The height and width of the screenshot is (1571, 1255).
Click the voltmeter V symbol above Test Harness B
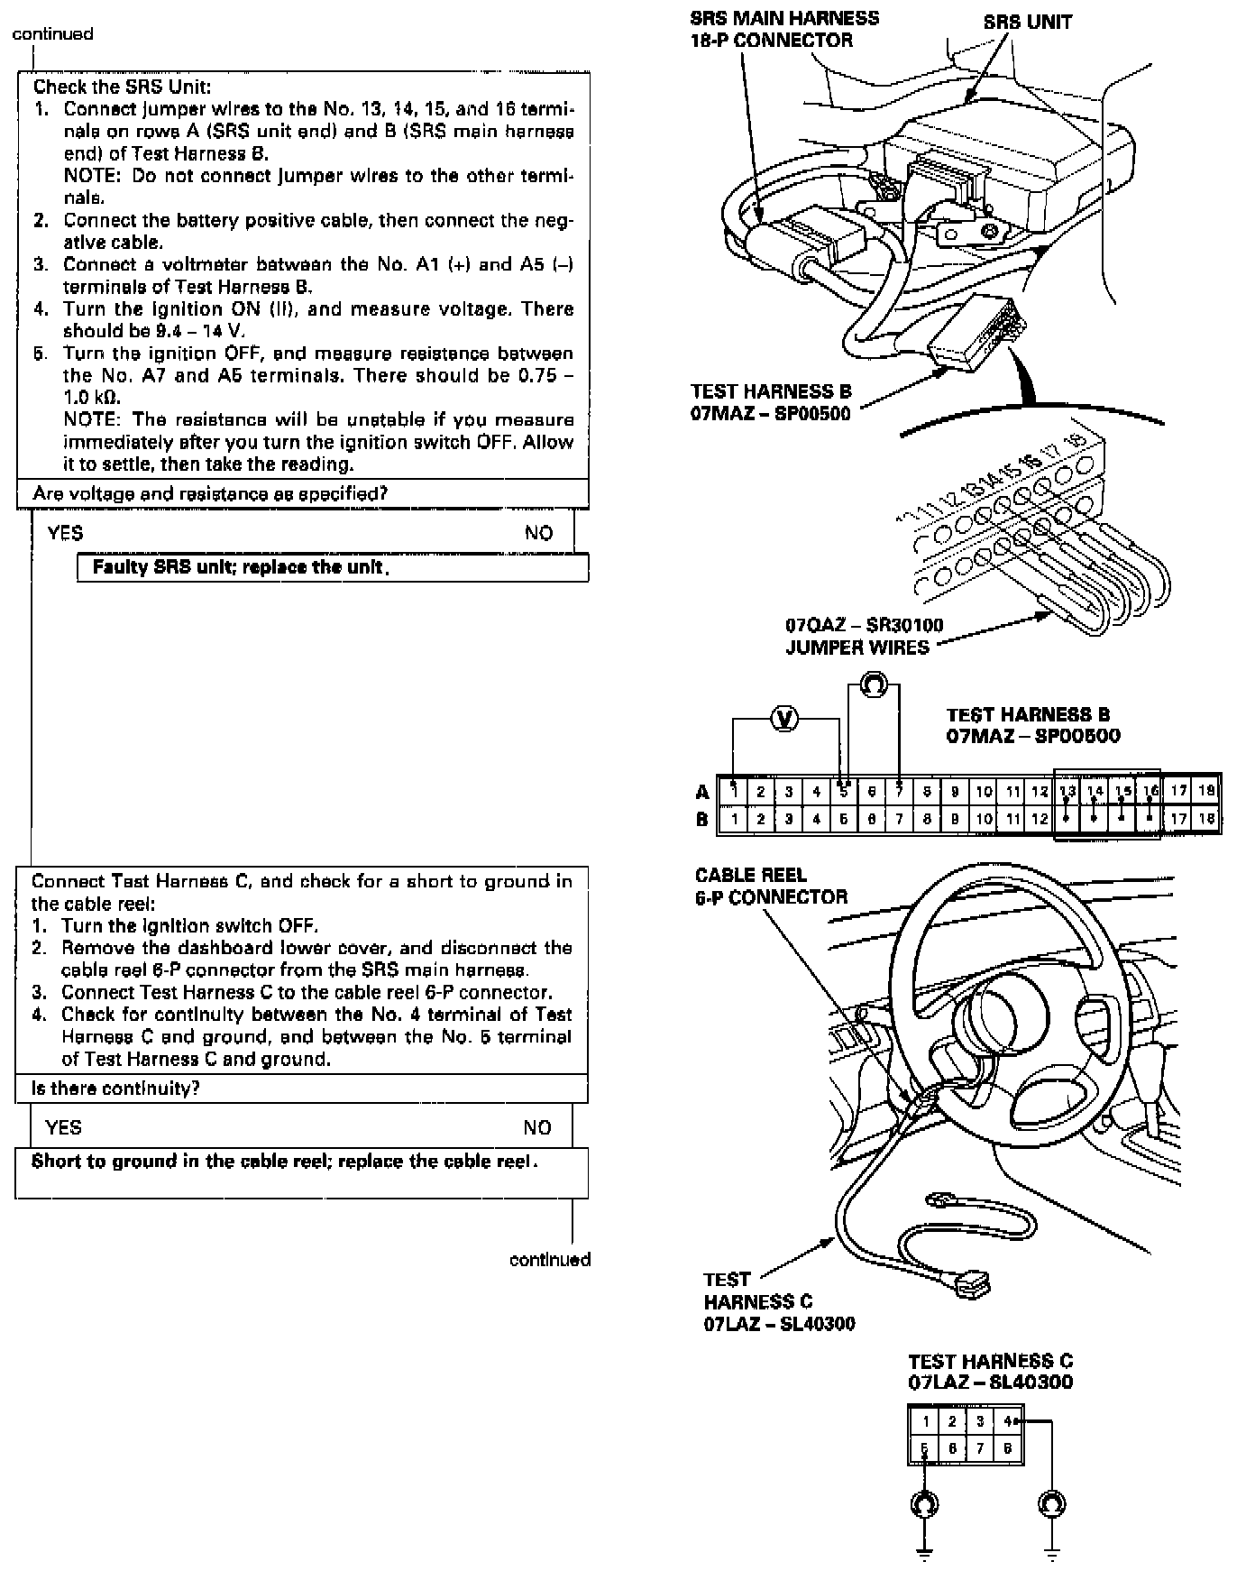pos(785,719)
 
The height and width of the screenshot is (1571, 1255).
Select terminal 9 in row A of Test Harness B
pos(955,792)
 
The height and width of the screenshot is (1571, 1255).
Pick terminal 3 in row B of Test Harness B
pos(789,819)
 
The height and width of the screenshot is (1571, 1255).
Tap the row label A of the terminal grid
pos(702,792)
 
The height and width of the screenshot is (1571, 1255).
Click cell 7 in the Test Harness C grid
pos(981,1449)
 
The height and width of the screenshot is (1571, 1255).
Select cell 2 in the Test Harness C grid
pos(952,1422)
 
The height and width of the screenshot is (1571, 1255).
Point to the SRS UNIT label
pos(1027,22)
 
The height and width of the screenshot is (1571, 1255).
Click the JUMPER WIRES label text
pos(857,648)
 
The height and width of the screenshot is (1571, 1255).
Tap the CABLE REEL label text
pos(750,875)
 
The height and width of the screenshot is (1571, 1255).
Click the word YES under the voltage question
pos(65,533)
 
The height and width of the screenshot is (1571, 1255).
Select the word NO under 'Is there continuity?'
pos(537,1127)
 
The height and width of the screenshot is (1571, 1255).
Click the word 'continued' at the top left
pos(52,33)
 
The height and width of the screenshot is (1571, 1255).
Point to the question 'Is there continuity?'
pos(115,1089)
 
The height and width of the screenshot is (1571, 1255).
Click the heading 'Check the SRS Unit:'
pos(122,87)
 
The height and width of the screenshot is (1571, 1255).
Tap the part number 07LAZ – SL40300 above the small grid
pos(990,1382)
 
